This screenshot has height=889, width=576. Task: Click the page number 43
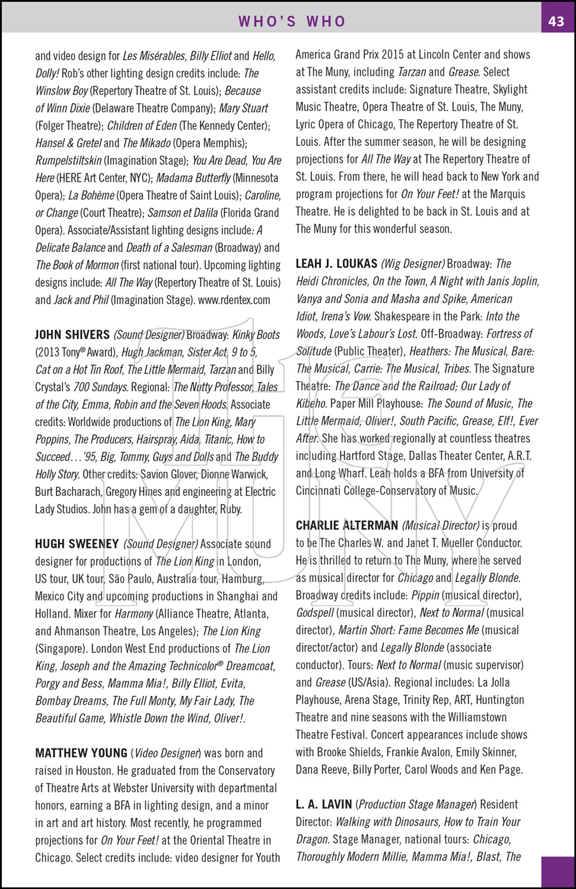point(556,21)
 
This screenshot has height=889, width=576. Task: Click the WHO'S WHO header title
point(292,21)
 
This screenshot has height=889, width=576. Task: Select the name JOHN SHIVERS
point(72,335)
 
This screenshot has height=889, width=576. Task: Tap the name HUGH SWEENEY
point(77,544)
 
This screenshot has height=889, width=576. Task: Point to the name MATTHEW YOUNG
point(81,753)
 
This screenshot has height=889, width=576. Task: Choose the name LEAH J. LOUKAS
point(336,264)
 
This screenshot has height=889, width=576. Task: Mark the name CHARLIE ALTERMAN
point(347,526)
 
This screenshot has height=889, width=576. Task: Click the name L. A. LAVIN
point(324,804)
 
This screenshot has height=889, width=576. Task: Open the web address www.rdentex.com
point(234,300)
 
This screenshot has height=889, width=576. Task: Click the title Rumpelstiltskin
point(68,161)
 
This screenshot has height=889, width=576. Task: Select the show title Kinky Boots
point(256,335)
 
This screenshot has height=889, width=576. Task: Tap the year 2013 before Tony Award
point(48,352)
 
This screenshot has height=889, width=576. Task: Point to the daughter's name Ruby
point(231,509)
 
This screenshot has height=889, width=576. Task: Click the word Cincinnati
point(319,491)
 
